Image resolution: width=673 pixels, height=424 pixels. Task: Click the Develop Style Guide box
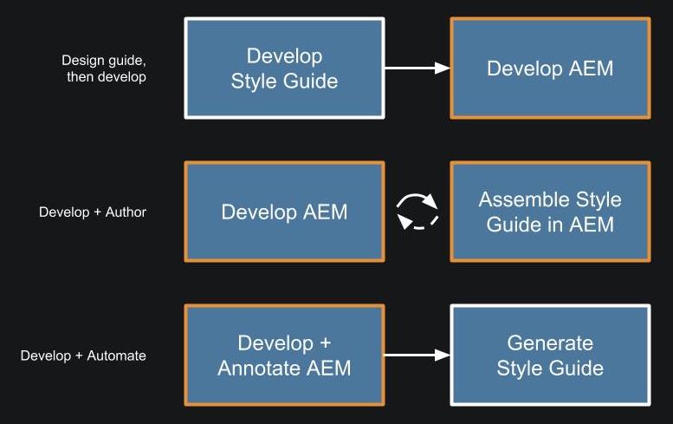pos(284,68)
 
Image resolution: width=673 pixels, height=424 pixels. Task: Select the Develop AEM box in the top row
pos(550,68)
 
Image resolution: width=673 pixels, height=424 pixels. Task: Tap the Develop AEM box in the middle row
pos(284,212)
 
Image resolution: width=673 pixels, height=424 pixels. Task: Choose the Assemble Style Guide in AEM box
pos(550,212)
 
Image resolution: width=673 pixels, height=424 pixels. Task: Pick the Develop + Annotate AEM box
pos(284,356)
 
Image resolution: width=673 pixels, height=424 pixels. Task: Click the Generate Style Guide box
pos(550,356)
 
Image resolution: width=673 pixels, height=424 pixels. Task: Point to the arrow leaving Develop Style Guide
pos(417,68)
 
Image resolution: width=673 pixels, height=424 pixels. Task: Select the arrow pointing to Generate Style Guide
pos(417,355)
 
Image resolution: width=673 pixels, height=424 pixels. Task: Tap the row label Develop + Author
pos(93,212)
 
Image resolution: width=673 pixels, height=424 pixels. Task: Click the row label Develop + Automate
pos(83,356)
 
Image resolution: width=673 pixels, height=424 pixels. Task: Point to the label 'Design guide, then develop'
pos(104,68)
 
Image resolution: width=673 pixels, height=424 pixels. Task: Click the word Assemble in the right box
pos(524,199)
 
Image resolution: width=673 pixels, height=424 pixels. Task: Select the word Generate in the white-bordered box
pos(550,342)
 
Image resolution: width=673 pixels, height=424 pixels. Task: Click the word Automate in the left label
pos(116,356)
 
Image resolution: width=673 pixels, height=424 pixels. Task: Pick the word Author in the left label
pos(126,212)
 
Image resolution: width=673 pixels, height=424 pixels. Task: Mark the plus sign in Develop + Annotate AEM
pos(325,343)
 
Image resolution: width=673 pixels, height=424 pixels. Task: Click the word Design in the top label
pos(83,61)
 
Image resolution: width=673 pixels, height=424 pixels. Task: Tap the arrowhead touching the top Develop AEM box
pos(442,68)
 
